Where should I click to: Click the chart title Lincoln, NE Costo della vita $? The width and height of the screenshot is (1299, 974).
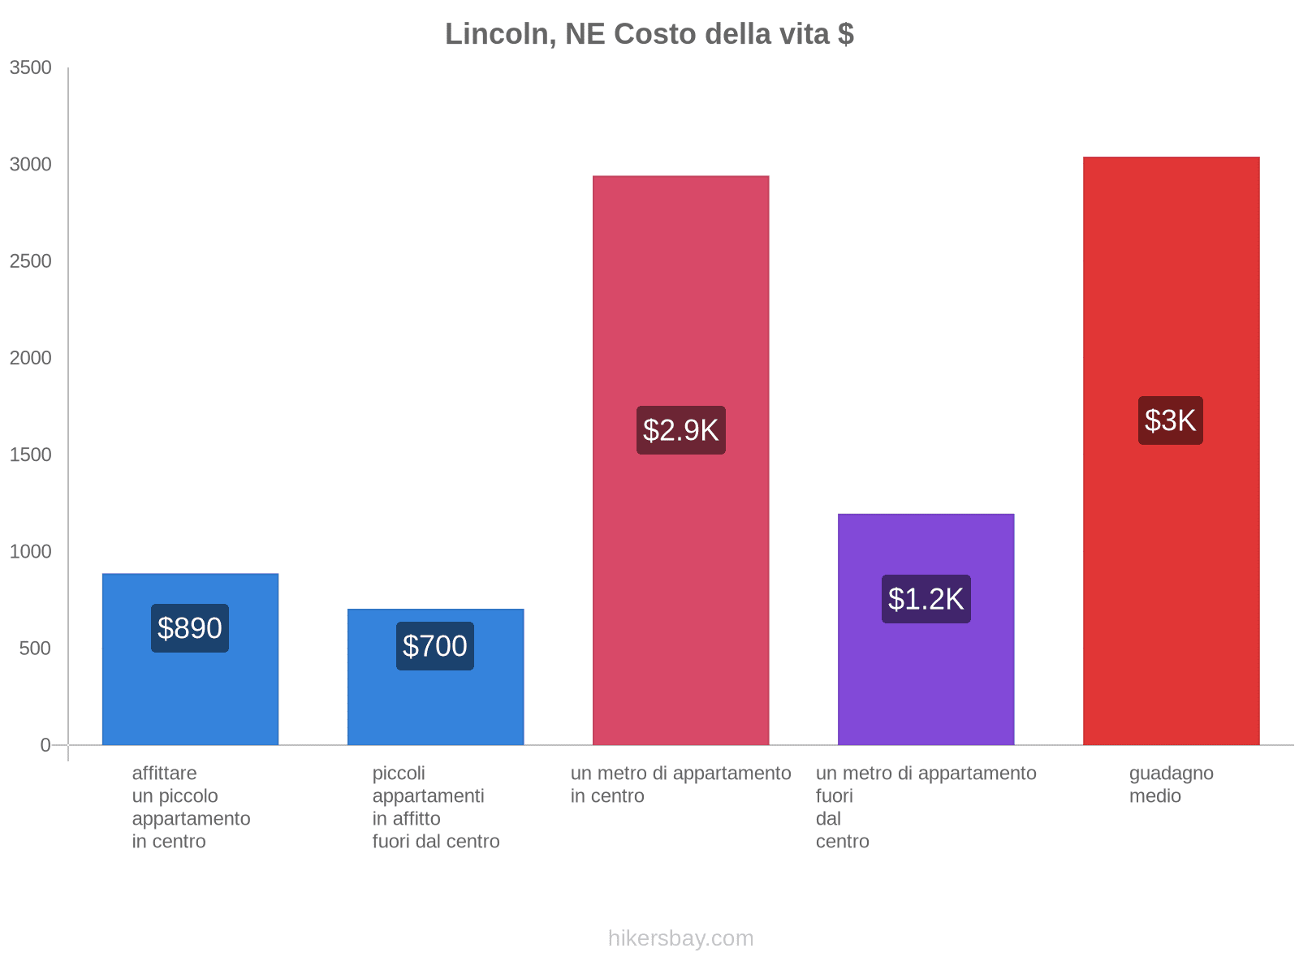pos(649,34)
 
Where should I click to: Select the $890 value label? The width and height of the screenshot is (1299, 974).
pos(190,628)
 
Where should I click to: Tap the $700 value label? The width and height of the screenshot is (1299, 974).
pos(435,646)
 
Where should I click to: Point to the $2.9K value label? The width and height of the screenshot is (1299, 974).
pos(680,430)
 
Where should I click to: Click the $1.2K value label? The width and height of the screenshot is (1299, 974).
pos(926,599)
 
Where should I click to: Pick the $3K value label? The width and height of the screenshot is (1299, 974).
pos(1170,420)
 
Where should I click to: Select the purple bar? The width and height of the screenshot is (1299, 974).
pos(926,690)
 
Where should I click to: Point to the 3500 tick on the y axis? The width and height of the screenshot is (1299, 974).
pos(31,68)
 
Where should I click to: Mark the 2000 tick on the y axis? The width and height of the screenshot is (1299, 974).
pos(31,358)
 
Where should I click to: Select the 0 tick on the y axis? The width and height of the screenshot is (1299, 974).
pos(45,745)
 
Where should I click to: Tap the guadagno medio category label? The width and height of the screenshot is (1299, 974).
pos(1171,784)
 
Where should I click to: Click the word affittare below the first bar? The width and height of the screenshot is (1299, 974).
pos(164,774)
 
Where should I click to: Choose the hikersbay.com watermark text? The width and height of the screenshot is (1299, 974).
pos(680,938)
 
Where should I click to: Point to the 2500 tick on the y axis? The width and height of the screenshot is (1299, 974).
pos(31,261)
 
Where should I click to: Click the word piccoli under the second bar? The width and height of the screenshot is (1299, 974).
pos(399,774)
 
